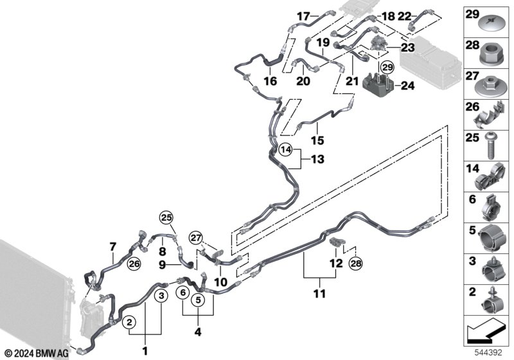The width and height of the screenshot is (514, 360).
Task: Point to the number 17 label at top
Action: click(303, 15)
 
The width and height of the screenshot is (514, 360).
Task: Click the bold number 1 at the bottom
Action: click(145, 352)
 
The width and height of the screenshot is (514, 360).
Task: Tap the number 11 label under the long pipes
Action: click(320, 294)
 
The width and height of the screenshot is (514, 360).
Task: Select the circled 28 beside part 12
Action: click(355, 264)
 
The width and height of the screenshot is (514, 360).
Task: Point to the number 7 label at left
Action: click(112, 246)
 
